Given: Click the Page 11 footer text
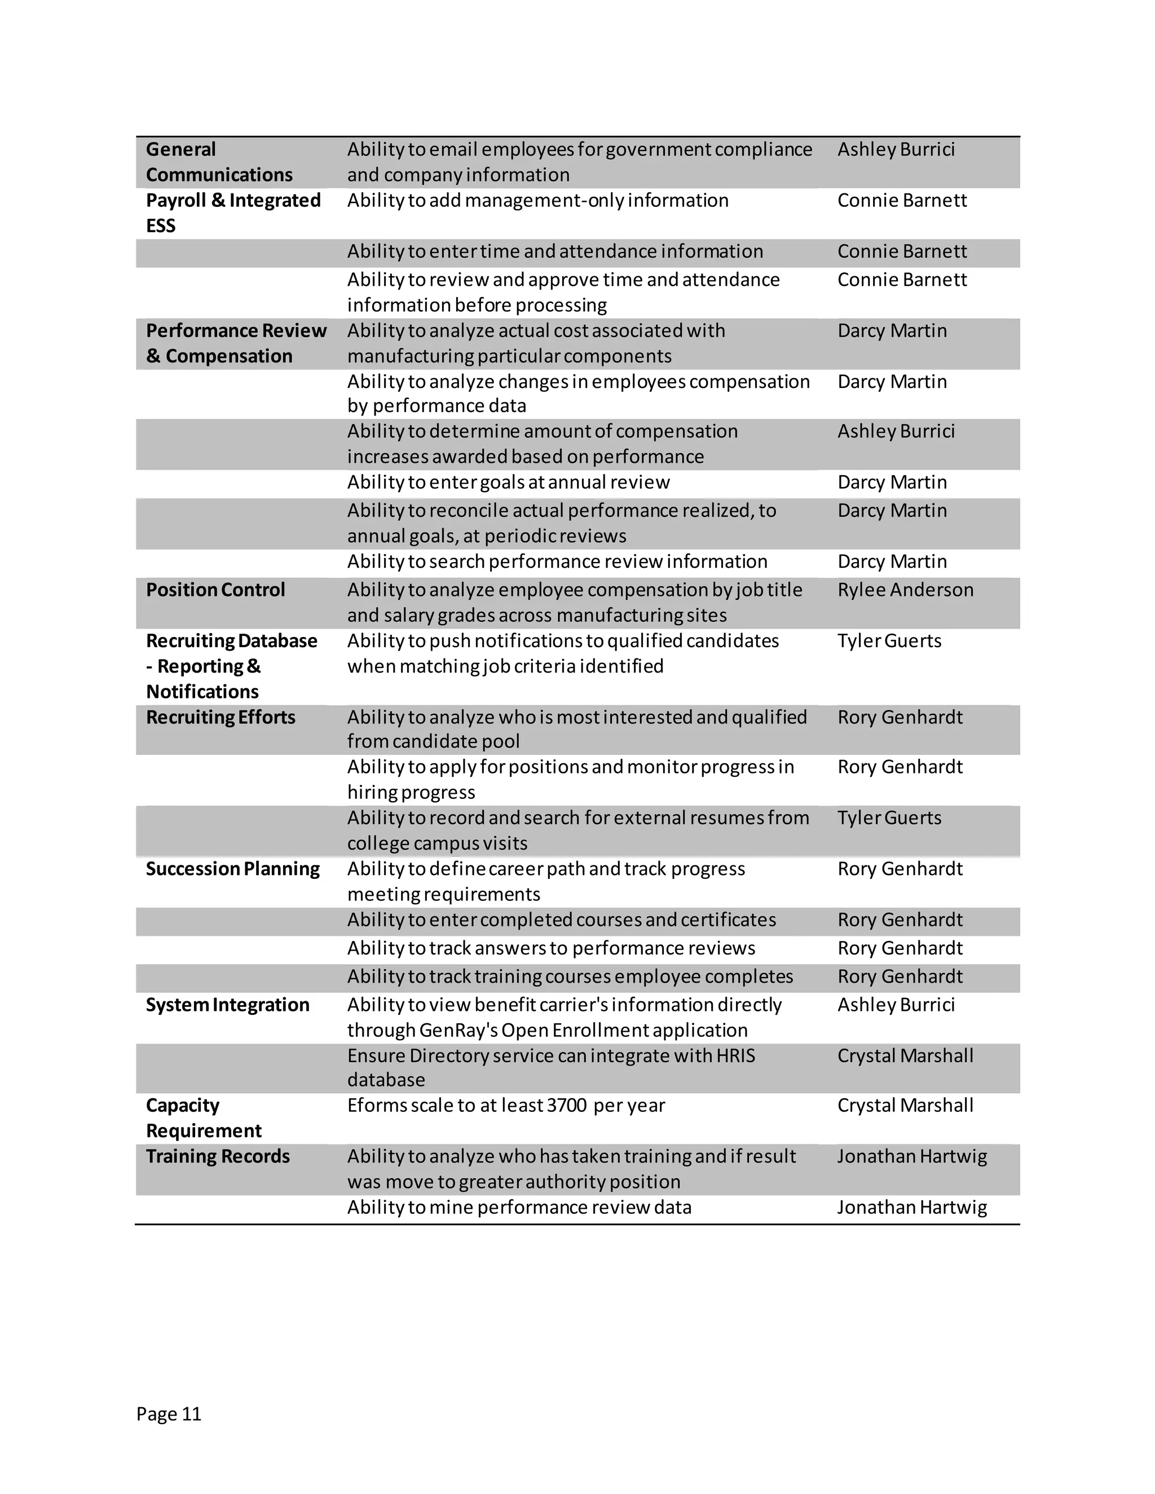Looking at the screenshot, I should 168,1413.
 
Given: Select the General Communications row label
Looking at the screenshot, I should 219,162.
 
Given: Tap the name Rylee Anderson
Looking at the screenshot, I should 905,590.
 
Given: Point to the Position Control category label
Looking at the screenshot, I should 215,590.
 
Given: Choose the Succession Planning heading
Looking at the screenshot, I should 233,869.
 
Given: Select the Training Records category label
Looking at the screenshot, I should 218,1156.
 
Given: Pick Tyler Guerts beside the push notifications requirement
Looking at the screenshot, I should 889,641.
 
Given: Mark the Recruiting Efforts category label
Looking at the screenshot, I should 221,717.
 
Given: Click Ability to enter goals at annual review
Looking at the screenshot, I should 508,482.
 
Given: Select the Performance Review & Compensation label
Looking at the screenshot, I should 235,343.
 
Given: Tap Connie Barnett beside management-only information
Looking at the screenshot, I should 902,201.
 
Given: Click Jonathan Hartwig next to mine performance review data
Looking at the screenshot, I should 911,1208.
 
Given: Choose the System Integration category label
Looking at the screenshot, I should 227,1005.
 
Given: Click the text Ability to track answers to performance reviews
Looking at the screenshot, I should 551,948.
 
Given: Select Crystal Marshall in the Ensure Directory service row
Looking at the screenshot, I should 905,1055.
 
